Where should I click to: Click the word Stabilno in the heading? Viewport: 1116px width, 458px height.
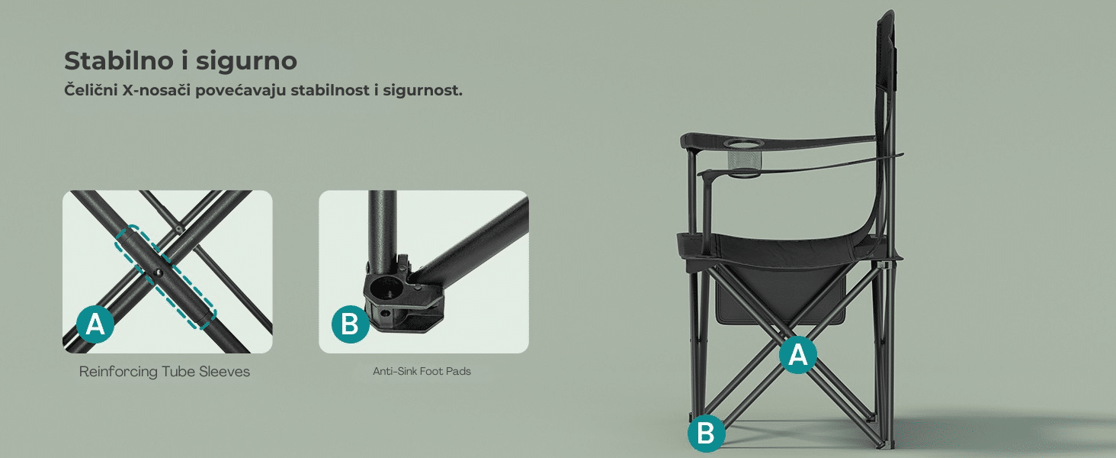(119, 61)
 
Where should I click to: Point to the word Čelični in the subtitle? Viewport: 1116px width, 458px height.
(91, 90)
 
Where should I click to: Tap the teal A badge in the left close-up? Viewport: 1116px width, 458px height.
(95, 324)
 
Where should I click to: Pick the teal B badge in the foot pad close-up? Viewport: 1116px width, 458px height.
(350, 324)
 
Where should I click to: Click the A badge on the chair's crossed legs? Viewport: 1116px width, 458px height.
(798, 355)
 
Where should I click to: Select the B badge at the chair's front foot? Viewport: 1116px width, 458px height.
(707, 433)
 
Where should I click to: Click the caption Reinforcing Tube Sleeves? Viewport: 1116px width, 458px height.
(165, 372)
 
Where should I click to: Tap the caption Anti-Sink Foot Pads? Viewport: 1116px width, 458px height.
(422, 371)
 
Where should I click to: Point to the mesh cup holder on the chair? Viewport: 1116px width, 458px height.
(742, 160)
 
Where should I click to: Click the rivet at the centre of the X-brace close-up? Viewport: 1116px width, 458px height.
(159, 273)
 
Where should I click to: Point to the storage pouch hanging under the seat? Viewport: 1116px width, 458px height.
(780, 297)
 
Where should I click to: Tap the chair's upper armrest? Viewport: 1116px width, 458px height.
(778, 142)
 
